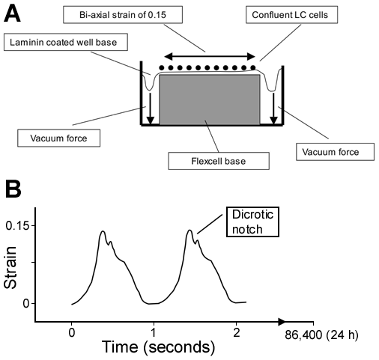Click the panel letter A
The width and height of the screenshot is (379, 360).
(12, 14)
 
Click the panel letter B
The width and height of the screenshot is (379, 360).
(13, 189)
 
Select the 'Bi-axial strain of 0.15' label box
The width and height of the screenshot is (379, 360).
(123, 15)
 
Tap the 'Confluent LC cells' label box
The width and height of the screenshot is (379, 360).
(292, 15)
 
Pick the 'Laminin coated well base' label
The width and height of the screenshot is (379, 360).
(66, 42)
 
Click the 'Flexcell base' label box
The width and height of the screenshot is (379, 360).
(219, 161)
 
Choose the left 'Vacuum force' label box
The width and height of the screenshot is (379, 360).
(58, 138)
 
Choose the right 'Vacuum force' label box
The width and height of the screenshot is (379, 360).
(335, 152)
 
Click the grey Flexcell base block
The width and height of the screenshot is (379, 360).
(210, 100)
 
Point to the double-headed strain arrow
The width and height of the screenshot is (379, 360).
(210, 57)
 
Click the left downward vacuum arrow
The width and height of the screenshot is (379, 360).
(150, 109)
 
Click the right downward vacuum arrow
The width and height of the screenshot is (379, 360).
(274, 109)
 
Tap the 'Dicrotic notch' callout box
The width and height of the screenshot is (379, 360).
(252, 222)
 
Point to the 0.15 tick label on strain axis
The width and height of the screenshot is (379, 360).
(17, 226)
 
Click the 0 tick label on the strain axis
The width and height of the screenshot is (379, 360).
(26, 304)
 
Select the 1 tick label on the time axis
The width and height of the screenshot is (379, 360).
(154, 333)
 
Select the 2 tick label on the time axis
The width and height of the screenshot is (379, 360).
(236, 333)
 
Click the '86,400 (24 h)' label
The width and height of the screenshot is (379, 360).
(321, 335)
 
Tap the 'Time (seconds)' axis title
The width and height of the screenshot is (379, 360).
(159, 347)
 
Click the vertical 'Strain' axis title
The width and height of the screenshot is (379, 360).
(10, 268)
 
